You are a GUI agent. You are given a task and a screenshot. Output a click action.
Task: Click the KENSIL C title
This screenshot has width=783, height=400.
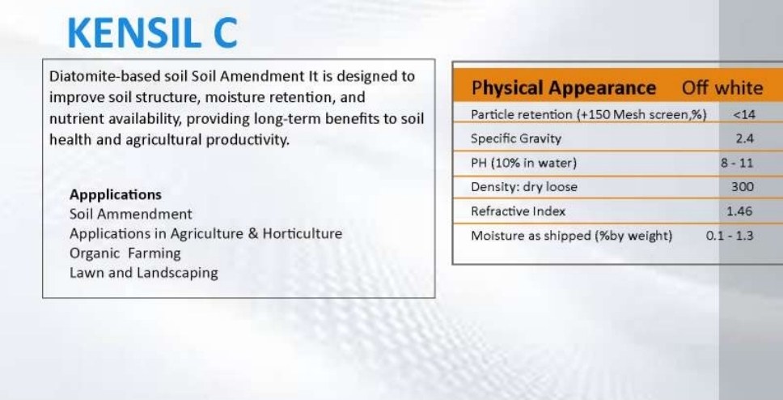coord(152,33)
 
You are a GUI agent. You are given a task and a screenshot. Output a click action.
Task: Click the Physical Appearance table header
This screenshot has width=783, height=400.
coord(563,88)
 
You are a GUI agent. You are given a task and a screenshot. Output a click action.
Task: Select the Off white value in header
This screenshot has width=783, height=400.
coord(722,88)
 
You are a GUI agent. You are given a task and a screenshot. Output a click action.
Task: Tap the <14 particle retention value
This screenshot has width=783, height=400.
coord(744,114)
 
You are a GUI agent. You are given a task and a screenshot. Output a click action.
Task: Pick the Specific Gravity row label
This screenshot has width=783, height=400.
coord(516,138)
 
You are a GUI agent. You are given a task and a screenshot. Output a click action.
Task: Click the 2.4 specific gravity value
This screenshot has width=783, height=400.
coord(744,138)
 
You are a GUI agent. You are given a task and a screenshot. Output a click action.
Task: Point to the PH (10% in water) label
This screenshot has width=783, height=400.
coord(523,163)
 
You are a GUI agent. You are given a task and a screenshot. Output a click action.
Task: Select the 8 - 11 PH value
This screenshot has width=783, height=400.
coord(737,163)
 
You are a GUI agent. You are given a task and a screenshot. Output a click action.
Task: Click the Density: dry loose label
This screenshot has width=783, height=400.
coord(524,187)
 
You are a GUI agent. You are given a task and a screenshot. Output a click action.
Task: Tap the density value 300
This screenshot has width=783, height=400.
coord(743,187)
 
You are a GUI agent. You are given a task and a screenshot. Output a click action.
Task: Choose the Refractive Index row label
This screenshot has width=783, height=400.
coord(518,211)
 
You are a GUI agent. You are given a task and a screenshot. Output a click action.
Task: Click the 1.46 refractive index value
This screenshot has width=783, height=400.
coord(739,211)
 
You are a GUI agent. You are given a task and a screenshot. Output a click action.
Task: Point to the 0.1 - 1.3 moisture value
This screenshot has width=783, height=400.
coord(730,236)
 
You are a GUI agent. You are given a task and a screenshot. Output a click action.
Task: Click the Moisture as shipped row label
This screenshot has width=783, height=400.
coord(571,236)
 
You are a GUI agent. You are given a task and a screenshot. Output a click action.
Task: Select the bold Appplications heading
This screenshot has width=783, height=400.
coord(116,194)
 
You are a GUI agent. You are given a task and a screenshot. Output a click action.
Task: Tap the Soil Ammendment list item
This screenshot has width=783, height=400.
coord(131,214)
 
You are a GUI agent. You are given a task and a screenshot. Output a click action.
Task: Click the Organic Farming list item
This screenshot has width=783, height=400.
coord(125,253)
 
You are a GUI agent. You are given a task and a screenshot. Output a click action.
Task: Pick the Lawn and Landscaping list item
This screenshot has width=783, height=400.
coord(144,273)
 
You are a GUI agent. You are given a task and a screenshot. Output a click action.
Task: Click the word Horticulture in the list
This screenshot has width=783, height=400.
coord(302,233)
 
